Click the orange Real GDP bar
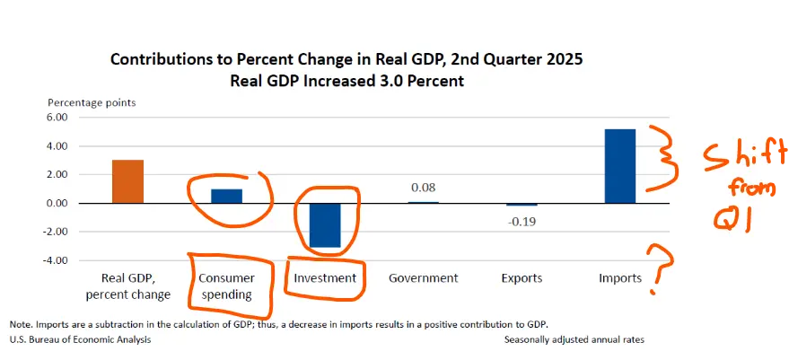[x=127, y=181]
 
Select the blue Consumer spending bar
[x=227, y=196]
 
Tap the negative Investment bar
[x=325, y=224]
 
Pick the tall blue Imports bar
[x=620, y=166]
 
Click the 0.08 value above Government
[x=423, y=188]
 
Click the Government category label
[x=423, y=278]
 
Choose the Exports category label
[x=522, y=278]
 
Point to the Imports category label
[x=620, y=278]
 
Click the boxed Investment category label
[x=325, y=278]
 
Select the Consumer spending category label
[x=227, y=286]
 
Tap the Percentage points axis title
[x=92, y=102]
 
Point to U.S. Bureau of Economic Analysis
[x=81, y=340]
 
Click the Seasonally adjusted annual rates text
[x=574, y=340]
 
